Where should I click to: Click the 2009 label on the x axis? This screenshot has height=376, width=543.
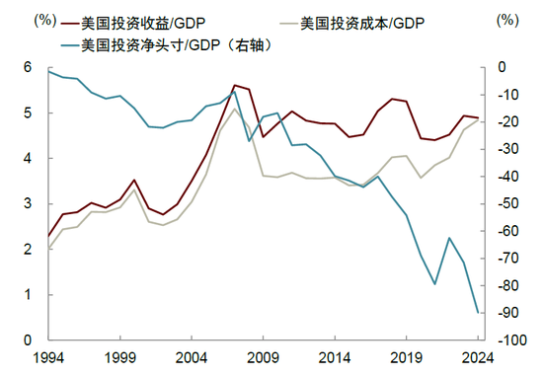point(264,358)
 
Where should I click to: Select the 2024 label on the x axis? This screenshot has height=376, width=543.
point(479,358)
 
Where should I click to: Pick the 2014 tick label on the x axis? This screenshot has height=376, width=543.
point(336,358)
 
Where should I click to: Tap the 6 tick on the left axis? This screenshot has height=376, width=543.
point(30,67)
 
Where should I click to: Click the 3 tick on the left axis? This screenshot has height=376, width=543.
point(30,203)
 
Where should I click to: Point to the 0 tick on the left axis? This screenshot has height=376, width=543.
point(30,339)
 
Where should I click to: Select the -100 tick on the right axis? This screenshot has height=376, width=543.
point(510,339)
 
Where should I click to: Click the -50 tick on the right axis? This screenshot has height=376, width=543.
point(508,203)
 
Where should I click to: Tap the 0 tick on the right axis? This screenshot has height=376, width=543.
point(502,67)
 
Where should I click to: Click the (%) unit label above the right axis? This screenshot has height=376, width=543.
point(506,19)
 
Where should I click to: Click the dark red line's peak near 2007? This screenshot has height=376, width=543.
point(234,85)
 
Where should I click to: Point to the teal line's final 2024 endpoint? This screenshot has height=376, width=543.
point(479,313)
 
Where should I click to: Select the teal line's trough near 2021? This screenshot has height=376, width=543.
point(435,284)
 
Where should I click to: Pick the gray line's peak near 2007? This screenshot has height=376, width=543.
point(234,108)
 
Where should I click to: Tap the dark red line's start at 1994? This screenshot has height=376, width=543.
point(47,237)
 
